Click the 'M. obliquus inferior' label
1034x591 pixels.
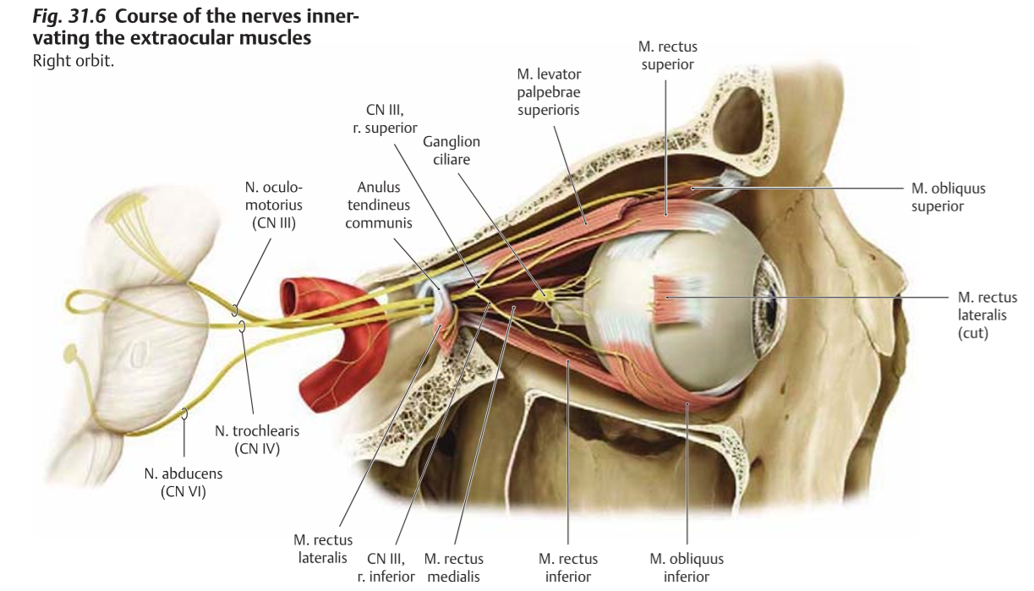[x=687, y=566]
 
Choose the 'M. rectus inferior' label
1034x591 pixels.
[x=568, y=566]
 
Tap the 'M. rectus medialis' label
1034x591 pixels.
[x=454, y=566]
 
